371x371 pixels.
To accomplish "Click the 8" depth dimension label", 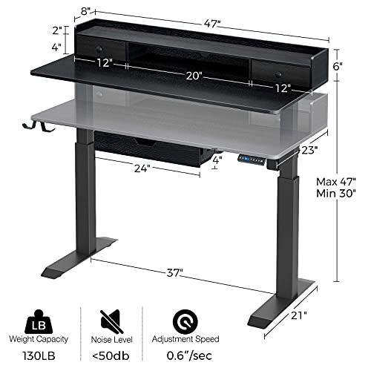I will (87, 11).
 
